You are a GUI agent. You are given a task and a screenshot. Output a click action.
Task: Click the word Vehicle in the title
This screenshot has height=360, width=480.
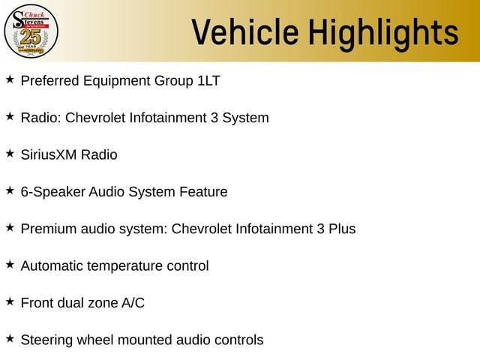(245, 31)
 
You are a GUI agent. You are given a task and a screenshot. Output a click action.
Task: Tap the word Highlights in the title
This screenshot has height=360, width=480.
(383, 34)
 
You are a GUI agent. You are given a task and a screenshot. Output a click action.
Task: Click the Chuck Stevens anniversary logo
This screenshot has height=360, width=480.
(31, 31)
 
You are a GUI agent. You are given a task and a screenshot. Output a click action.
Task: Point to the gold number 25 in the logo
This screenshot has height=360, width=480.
(31, 37)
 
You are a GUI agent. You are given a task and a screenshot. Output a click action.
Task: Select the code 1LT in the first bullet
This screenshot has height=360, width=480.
(208, 81)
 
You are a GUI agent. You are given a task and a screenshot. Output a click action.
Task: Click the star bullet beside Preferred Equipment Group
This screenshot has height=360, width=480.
(10, 79)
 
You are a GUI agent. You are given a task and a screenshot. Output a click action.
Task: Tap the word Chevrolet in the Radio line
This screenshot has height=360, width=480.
(95, 118)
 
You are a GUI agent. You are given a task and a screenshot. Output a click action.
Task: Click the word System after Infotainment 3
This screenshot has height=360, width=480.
(246, 118)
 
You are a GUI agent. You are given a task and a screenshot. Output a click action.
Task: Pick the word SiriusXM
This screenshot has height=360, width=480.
(48, 154)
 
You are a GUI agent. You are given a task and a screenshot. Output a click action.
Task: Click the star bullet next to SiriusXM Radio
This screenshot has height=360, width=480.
(10, 153)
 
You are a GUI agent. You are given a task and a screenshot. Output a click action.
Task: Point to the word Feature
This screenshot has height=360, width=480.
(203, 192)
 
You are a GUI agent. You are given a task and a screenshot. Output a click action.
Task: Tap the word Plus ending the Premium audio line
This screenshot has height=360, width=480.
(342, 229)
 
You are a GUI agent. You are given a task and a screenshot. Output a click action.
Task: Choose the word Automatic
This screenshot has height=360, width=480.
(52, 266)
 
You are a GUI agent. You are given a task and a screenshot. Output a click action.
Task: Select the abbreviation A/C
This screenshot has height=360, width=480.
(133, 303)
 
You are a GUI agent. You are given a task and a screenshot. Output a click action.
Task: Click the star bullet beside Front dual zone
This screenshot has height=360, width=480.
(10, 301)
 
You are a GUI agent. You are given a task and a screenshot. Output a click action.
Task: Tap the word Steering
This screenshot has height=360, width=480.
(46, 340)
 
